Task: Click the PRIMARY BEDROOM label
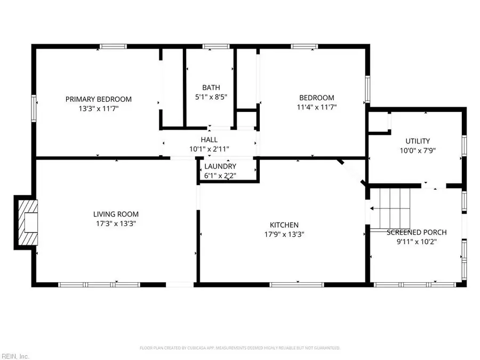(x=98, y=99)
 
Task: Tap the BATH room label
(x=211, y=87)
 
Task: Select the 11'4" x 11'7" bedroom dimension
(x=317, y=107)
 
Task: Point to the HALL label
(x=209, y=140)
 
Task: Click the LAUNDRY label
(x=220, y=166)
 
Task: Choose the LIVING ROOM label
(x=116, y=214)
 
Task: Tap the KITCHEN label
(x=284, y=225)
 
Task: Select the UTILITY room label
(x=418, y=141)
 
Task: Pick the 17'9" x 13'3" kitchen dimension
(x=284, y=234)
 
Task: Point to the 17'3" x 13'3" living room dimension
(x=116, y=224)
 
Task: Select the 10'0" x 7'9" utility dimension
(x=418, y=150)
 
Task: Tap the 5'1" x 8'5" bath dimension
(x=211, y=97)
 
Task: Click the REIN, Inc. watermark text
(x=15, y=355)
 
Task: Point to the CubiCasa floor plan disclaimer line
(x=240, y=348)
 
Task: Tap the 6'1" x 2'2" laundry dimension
(x=220, y=175)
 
